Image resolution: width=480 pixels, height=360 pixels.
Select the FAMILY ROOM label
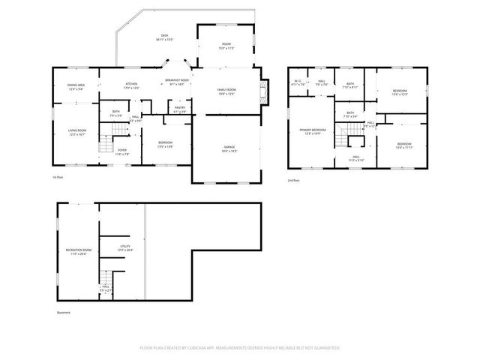[227, 91]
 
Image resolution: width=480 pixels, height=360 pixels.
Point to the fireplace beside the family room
[262, 91]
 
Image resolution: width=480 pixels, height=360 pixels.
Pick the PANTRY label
[180, 109]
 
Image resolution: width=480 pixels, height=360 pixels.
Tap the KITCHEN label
[131, 85]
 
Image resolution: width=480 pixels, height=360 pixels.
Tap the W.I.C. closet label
[298, 82]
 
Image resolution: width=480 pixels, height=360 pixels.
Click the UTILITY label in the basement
[125, 247]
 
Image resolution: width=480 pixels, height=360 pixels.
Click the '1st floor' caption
[57, 178]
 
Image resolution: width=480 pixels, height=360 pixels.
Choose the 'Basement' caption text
[64, 313]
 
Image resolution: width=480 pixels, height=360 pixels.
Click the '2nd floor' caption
[294, 181]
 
